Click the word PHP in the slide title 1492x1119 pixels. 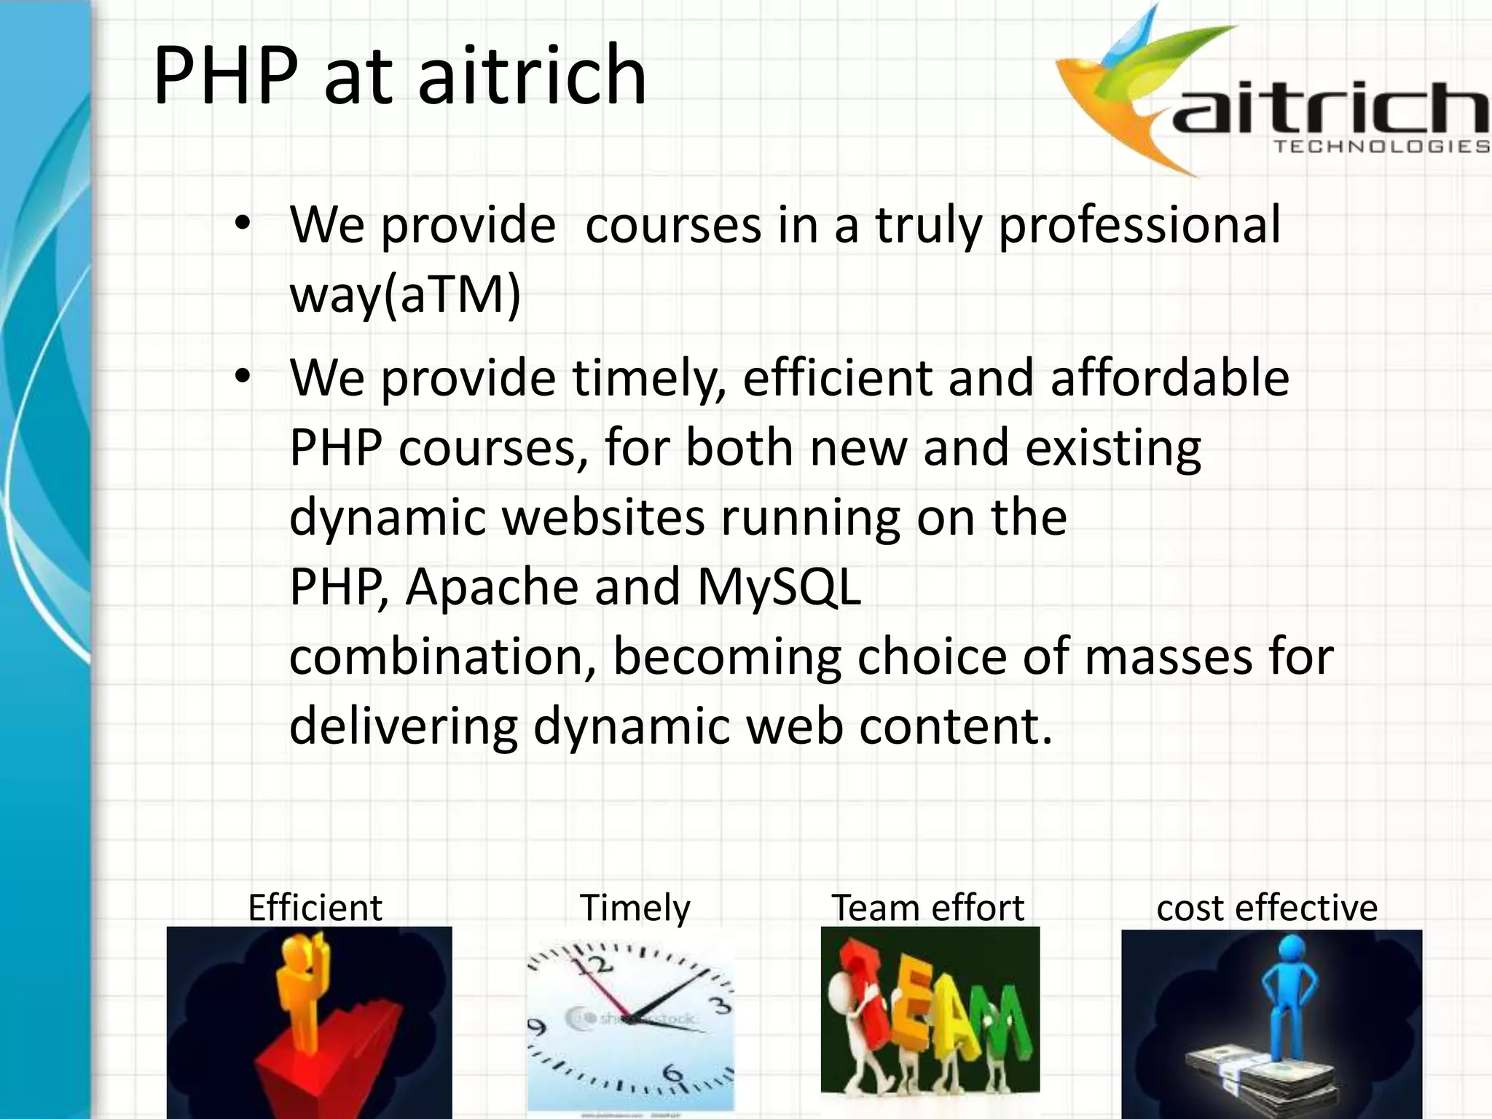tap(226, 75)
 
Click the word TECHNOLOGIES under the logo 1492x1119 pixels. tap(1381, 146)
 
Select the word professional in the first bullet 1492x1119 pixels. tap(1139, 226)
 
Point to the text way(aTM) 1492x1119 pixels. tap(405, 295)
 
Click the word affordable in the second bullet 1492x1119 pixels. tap(1169, 377)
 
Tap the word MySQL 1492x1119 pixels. tap(779, 587)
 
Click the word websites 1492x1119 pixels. tap(603, 517)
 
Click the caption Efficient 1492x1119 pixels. tap(315, 908)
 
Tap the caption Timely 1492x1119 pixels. tap(635, 908)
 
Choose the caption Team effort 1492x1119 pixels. tap(927, 908)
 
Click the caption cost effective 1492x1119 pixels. tap(1267, 908)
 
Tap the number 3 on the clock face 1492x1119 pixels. tap(720, 1005)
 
